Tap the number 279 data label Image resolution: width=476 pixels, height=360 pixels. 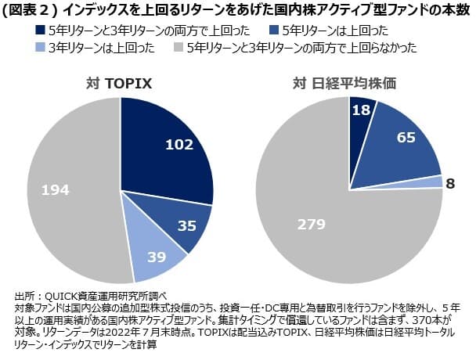pyautogui.click(x=311, y=225)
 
